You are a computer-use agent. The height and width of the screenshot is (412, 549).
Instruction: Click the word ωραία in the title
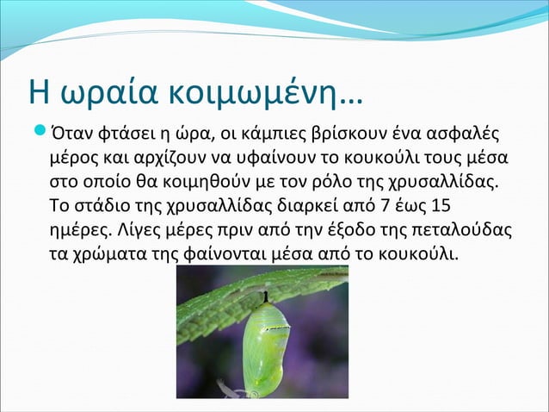click(x=91, y=89)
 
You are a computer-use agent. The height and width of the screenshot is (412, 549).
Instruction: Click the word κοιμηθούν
click(x=199, y=184)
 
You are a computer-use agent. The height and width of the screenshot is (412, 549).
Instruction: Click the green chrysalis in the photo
click(x=267, y=349)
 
